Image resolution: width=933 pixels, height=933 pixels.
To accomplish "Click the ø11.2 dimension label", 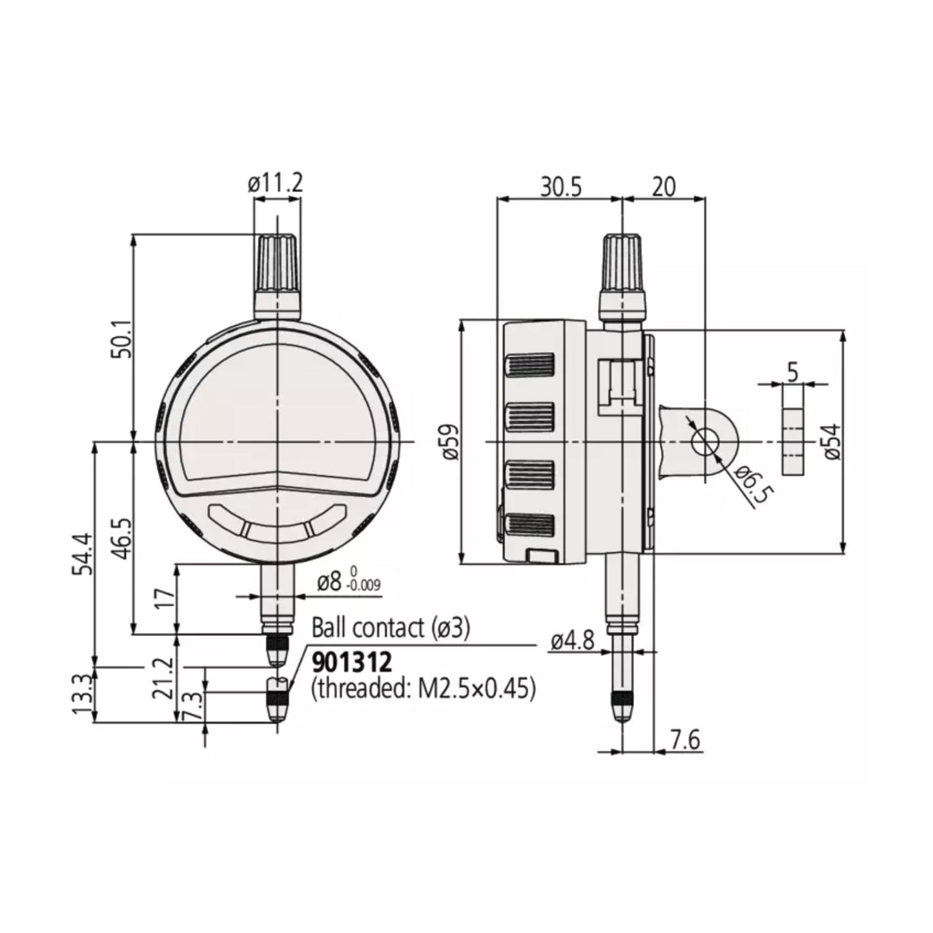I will coord(275,184).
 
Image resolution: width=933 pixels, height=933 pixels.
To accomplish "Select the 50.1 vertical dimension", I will coord(121,338).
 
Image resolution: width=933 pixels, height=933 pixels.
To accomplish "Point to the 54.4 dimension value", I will coord(83,554).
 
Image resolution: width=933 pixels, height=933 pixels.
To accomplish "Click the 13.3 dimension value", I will coord(83,695).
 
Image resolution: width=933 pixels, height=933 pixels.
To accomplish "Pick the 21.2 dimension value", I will coord(165,678).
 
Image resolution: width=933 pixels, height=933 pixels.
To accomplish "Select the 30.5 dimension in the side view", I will coord(560,187).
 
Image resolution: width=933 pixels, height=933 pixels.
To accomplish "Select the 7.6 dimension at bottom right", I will coord(684,740).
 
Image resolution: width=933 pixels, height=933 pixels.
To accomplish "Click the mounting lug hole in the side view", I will coord(705,442).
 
